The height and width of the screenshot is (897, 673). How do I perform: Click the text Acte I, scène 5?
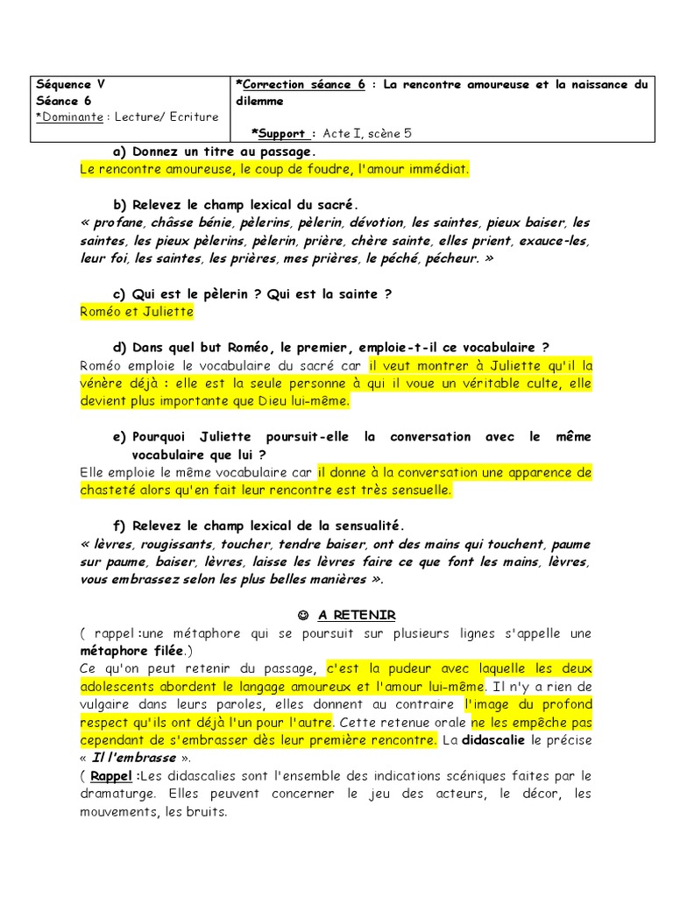tap(367, 133)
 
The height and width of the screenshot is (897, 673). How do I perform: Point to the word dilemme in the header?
tap(260, 101)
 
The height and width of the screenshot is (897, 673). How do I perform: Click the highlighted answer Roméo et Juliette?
tap(136, 312)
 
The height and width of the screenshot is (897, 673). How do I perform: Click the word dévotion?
tap(377, 222)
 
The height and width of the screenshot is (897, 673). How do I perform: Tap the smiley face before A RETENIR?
tap(302, 615)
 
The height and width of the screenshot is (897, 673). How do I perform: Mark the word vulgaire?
tap(107, 704)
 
